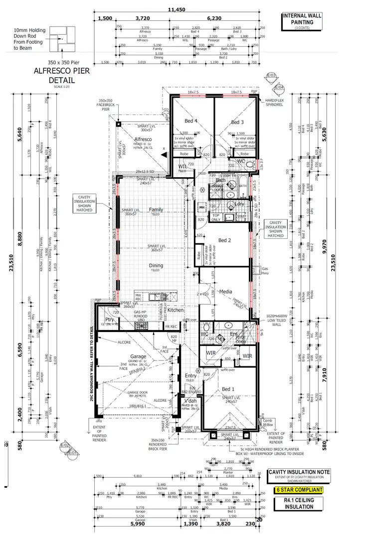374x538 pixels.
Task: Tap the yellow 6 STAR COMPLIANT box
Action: point(299,490)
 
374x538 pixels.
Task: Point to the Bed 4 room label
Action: point(191,121)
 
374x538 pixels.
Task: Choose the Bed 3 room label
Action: point(237,122)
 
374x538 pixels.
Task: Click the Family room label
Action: point(156,210)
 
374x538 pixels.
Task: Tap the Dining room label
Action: point(156,266)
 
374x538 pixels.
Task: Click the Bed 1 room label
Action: point(228,389)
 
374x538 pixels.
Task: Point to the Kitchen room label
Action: point(176,310)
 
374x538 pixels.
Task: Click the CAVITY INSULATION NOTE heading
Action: point(299,473)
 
